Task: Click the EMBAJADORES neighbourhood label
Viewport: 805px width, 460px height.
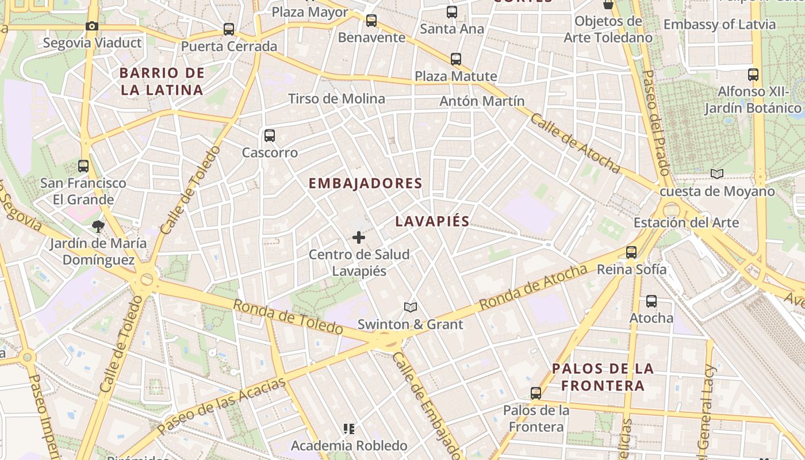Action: click(x=366, y=183)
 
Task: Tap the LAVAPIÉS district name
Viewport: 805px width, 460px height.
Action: click(x=432, y=221)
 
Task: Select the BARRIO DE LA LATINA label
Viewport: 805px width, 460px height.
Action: click(x=162, y=81)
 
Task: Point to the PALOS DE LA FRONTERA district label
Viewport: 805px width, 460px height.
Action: click(x=603, y=377)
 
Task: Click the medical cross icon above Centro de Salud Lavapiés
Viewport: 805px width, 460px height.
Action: click(x=359, y=237)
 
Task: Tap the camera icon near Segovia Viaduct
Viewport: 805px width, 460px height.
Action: click(x=91, y=26)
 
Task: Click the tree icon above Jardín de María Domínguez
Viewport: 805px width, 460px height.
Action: click(x=98, y=226)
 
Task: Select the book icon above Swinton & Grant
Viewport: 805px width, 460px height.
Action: click(x=410, y=308)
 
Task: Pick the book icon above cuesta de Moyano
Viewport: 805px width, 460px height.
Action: click(x=716, y=174)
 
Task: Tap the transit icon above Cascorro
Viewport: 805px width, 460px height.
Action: click(x=269, y=136)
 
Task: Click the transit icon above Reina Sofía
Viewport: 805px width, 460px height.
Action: click(x=631, y=252)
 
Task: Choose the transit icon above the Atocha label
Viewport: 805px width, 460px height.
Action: click(x=651, y=301)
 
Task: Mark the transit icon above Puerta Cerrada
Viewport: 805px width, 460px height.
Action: click(x=229, y=29)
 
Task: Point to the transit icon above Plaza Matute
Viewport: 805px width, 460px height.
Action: click(x=456, y=59)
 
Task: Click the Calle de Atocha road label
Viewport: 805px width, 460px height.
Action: click(x=574, y=144)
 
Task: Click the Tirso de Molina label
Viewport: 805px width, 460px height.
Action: click(x=336, y=98)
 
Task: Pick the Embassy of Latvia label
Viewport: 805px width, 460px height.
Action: click(x=719, y=25)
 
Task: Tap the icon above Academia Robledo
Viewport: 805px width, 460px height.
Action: click(x=348, y=428)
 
